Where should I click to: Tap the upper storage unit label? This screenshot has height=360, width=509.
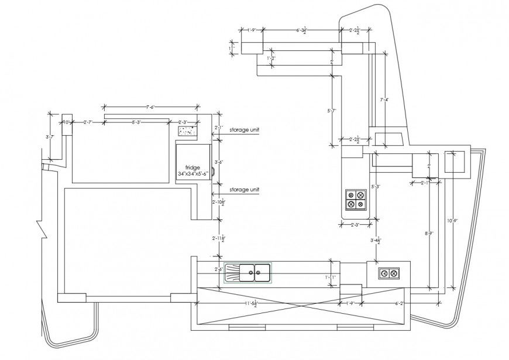(x=244, y=129)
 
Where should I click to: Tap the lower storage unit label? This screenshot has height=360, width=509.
(x=244, y=190)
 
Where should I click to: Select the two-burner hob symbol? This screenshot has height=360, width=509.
(x=388, y=273)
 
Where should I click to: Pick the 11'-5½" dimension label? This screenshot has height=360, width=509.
(x=251, y=303)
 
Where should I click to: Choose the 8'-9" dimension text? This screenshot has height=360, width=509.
(x=429, y=234)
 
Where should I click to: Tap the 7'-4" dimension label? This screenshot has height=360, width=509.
(x=384, y=100)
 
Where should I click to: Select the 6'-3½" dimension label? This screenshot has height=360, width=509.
(x=302, y=29)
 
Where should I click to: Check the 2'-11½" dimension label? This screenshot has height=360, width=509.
(x=218, y=238)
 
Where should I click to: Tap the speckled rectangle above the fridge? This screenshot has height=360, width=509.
(x=187, y=132)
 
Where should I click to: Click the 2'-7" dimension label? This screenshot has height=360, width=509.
(x=88, y=122)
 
